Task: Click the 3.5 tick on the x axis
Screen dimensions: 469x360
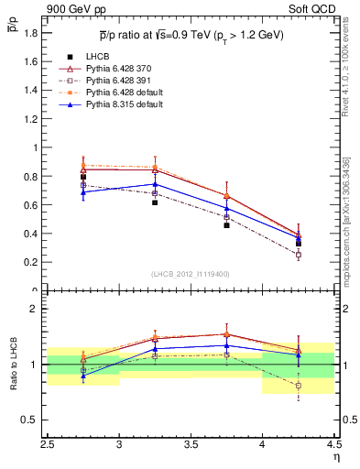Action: coord(191,447)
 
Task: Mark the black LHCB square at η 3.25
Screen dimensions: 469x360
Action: coord(155,202)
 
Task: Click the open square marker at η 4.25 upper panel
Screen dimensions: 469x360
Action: coord(298,255)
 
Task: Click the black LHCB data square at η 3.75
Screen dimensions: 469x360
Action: coord(226,224)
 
